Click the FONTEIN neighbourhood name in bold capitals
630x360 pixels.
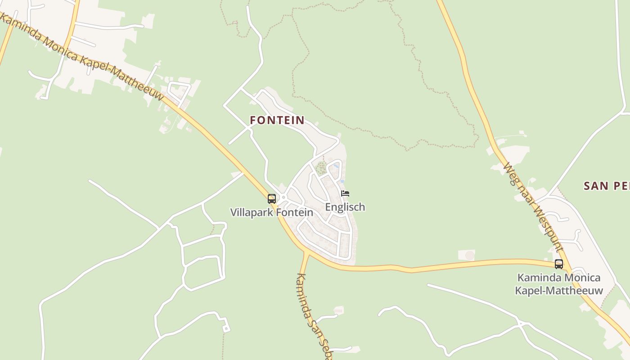[x=277, y=120]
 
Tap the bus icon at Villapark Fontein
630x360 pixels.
[x=271, y=198]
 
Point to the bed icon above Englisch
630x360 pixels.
[x=345, y=193]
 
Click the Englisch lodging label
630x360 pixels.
[x=345, y=207]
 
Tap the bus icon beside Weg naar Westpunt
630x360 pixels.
[x=558, y=264]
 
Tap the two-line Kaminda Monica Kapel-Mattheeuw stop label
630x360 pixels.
[x=558, y=284]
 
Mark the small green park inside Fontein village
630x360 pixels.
[x=320, y=168]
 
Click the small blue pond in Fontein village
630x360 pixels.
[x=336, y=166]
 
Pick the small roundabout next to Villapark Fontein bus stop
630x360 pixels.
[x=283, y=197]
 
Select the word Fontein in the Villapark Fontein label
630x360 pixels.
[x=296, y=212]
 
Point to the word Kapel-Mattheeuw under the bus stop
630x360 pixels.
[x=558, y=290]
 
